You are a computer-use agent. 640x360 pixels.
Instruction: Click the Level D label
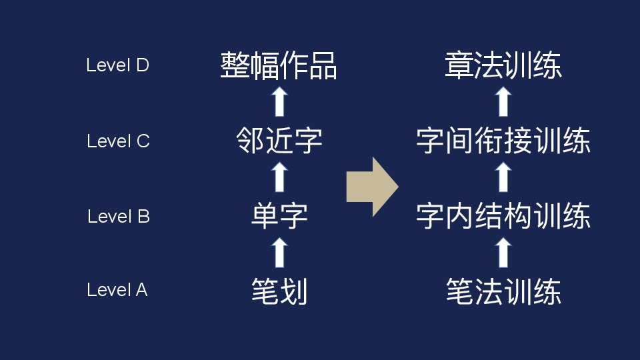click(x=117, y=65)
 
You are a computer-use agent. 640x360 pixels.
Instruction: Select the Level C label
click(x=118, y=141)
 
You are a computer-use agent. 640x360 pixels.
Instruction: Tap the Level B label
click(x=119, y=217)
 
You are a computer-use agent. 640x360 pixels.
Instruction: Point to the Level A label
click(x=117, y=290)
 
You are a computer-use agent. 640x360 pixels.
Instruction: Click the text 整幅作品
click(x=279, y=66)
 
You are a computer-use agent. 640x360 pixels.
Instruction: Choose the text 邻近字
click(x=279, y=141)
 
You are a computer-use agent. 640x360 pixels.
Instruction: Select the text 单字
click(x=279, y=216)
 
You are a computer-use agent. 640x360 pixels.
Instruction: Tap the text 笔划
click(x=279, y=291)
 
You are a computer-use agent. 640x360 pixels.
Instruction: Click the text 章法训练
click(x=503, y=66)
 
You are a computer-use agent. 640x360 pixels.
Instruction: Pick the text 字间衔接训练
click(x=503, y=141)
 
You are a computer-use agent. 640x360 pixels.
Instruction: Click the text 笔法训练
click(x=503, y=291)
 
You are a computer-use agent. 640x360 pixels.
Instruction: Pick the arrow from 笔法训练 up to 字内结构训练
click(x=504, y=253)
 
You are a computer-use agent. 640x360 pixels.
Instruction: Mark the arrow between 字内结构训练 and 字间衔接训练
click(x=504, y=177)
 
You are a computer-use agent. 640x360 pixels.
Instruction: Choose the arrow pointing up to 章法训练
click(x=504, y=101)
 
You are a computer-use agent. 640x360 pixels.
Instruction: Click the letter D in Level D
click(x=141, y=65)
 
